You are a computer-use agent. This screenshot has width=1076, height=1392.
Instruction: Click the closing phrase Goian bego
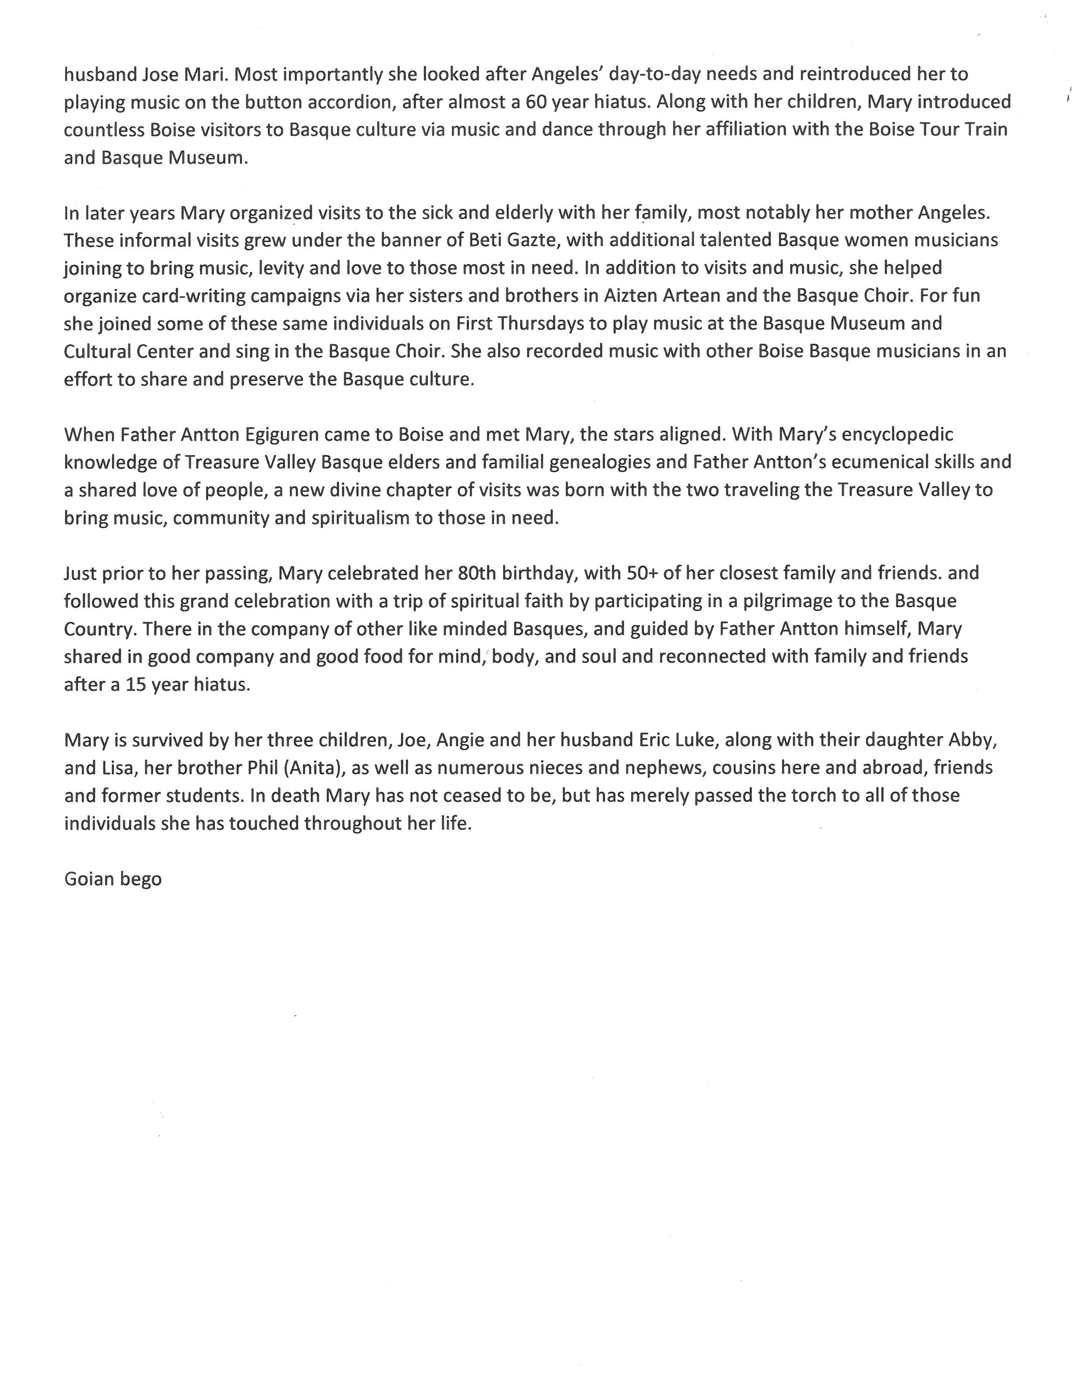(113, 879)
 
